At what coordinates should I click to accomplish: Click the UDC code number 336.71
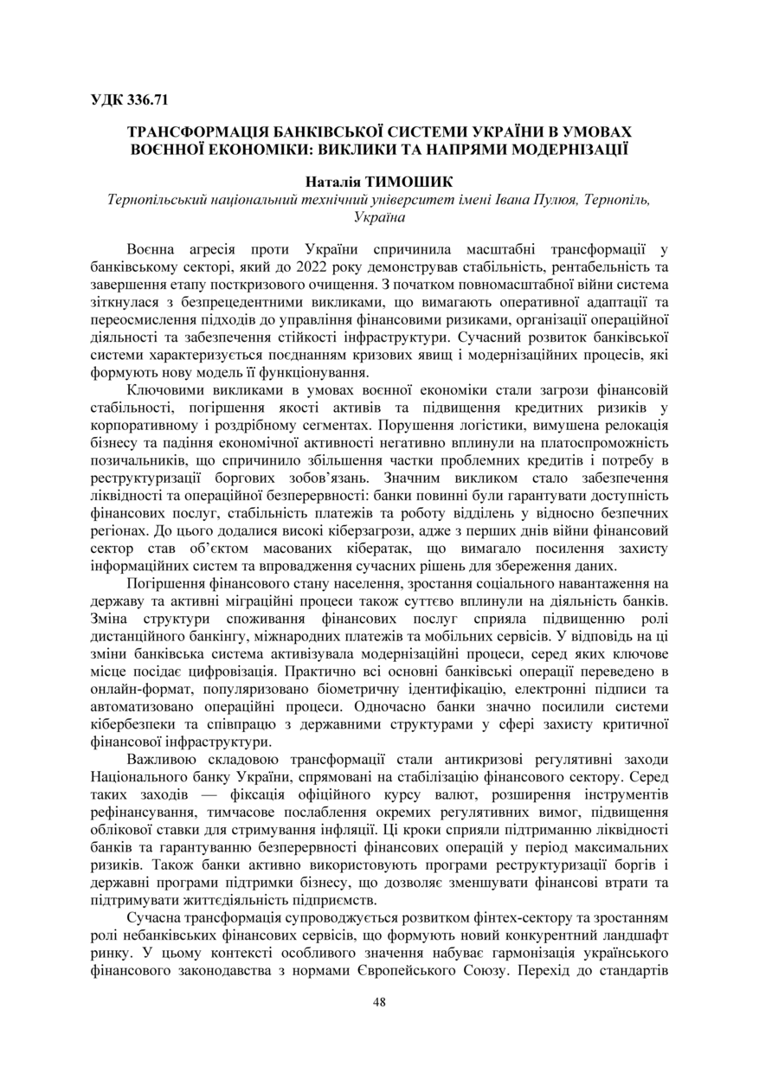tap(147, 100)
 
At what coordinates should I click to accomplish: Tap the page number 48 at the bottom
tap(379, 1002)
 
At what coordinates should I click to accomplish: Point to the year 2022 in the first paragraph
tap(275, 266)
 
